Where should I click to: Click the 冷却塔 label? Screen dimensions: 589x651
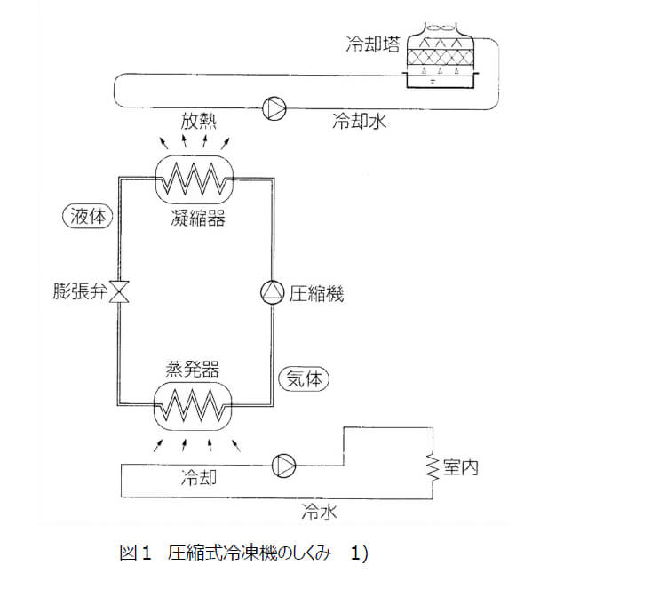pos(372,43)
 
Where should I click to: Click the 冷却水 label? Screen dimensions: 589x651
pos(360,121)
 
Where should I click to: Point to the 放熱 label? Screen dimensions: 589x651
pos(199,121)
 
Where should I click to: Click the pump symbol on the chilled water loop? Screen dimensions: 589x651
pos(284,464)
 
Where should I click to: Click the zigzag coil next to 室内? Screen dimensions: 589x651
pos(432,465)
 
